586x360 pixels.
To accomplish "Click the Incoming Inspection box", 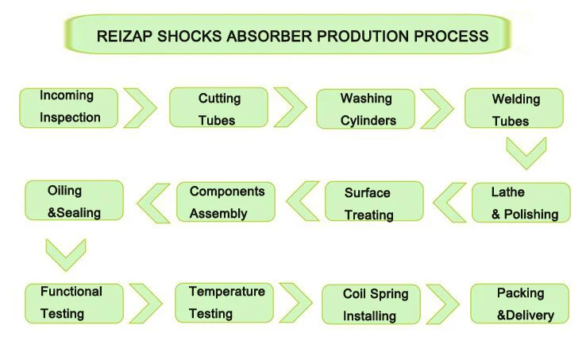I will click(69, 107).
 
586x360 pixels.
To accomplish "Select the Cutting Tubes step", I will click(219, 109).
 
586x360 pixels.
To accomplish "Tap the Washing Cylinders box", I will click(366, 110).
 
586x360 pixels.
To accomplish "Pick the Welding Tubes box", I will click(515, 110).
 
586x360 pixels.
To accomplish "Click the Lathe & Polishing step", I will click(521, 203).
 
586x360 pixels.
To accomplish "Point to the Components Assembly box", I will click(226, 202).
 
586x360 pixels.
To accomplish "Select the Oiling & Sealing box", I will click(74, 201).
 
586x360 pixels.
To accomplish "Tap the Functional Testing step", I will click(73, 302).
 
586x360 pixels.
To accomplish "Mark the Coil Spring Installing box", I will click(370, 304).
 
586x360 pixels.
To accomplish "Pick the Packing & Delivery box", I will click(520, 304).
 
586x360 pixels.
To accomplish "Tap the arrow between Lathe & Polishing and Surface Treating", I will click(449, 202).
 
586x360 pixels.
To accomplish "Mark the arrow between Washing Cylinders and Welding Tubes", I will click(438, 108).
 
